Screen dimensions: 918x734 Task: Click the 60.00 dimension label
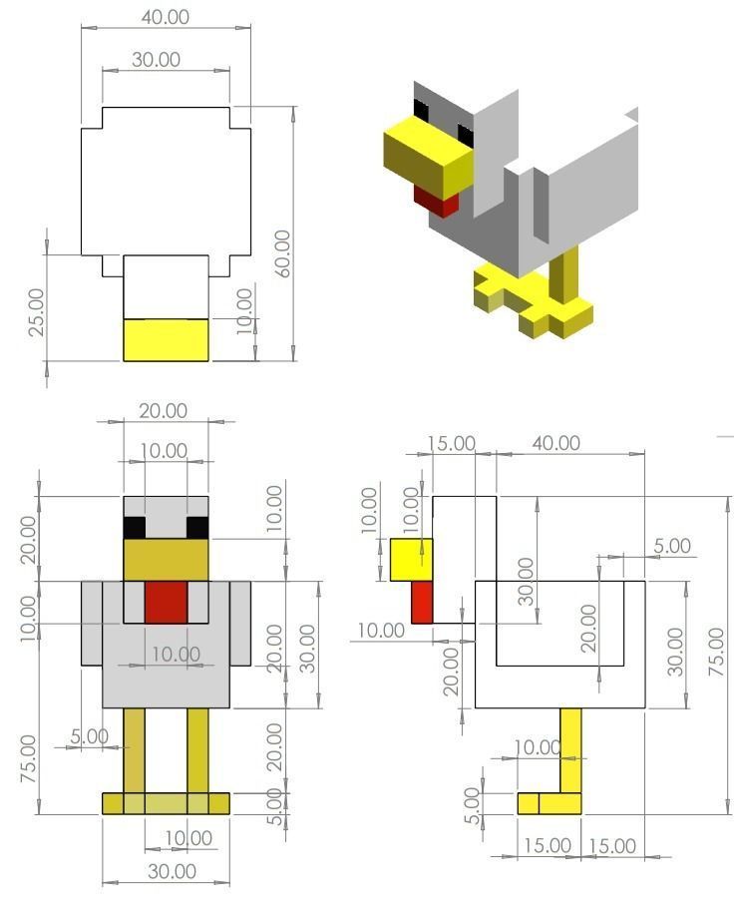(282, 253)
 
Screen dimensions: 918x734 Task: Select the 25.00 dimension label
(36, 311)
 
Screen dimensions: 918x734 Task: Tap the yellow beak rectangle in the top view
(166, 339)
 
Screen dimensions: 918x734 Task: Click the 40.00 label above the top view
(165, 17)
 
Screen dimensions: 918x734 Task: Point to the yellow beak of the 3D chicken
(427, 154)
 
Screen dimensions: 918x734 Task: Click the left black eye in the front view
(134, 528)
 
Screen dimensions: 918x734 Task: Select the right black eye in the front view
(197, 528)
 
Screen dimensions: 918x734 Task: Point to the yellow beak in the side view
(411, 560)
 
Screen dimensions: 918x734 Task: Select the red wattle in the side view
(422, 602)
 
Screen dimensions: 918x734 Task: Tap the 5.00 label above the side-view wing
(671, 546)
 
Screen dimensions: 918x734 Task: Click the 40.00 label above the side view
(555, 442)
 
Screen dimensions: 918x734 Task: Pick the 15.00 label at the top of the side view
(452, 443)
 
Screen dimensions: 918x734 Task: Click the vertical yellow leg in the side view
(570, 749)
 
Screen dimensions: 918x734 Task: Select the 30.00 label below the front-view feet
(172, 871)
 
